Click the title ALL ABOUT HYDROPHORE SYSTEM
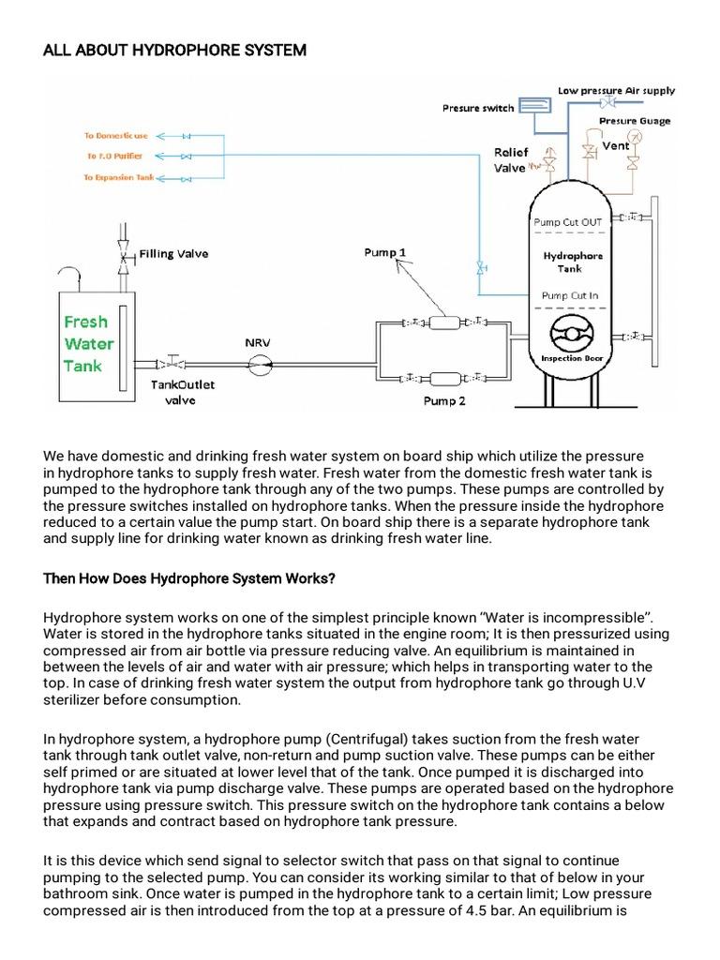(x=174, y=50)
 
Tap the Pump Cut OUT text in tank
(x=568, y=222)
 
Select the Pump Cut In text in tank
(x=569, y=295)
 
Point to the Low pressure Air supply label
(x=616, y=91)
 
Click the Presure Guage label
(x=634, y=121)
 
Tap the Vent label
(x=615, y=145)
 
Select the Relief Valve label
(x=511, y=160)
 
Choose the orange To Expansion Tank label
(x=119, y=177)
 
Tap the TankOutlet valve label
(x=183, y=391)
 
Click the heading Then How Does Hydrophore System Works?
(x=189, y=578)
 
